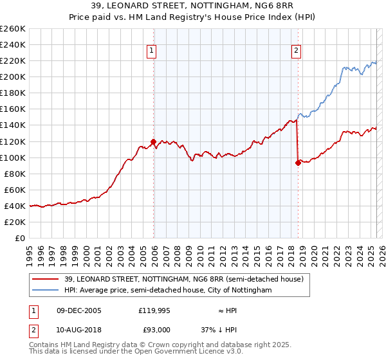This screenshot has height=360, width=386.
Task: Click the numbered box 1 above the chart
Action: pyautogui.click(x=151, y=51)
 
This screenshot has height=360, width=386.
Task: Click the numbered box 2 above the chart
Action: pyautogui.click(x=296, y=51)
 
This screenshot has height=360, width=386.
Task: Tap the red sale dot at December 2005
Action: pyautogui.click(x=153, y=141)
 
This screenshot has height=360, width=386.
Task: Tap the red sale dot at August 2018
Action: pyautogui.click(x=299, y=163)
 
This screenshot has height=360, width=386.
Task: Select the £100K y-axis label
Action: pyautogui.click(x=13, y=157)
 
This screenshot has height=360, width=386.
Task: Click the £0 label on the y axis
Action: pyautogui.click(x=20, y=238)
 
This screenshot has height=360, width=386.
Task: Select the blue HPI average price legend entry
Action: pyautogui.click(x=168, y=291)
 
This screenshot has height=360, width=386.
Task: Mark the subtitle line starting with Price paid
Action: pyautogui.click(x=193, y=18)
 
